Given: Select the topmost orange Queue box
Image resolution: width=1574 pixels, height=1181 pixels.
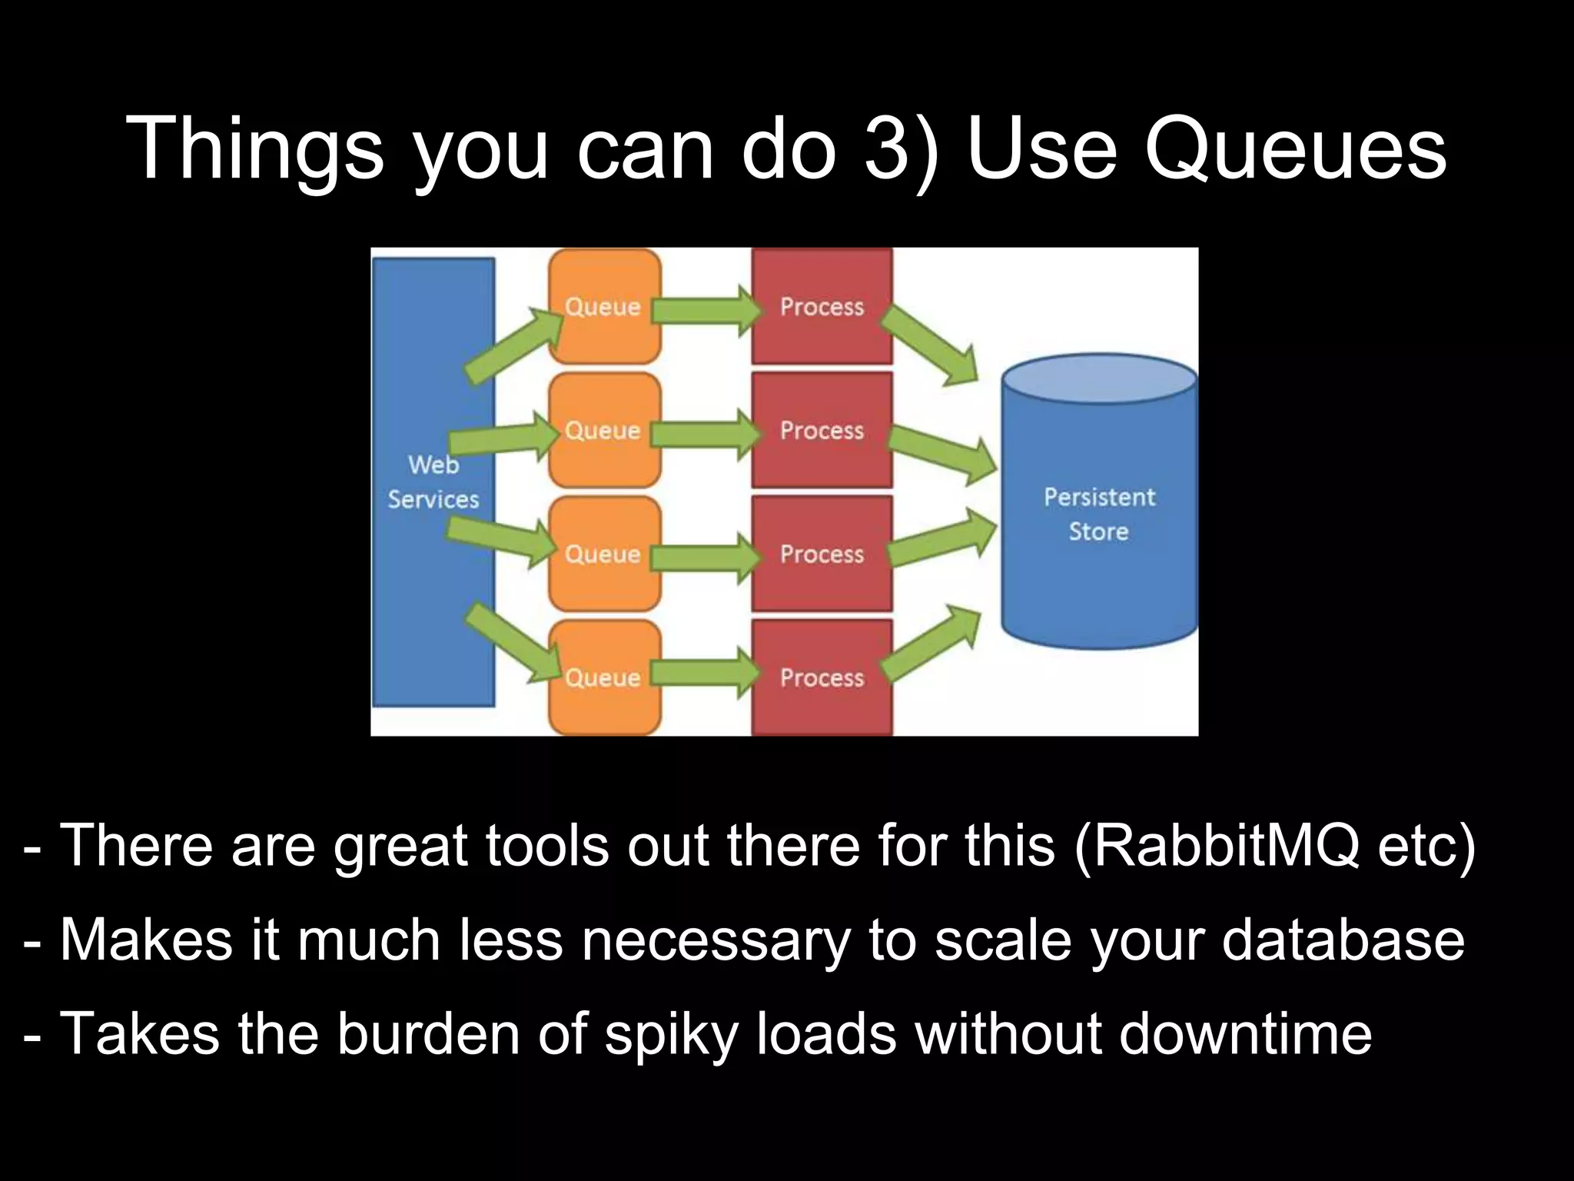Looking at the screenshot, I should pos(604,306).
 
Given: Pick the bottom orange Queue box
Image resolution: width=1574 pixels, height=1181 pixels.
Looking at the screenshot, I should pos(604,677).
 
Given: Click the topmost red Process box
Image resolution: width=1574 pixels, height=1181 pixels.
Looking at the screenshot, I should pos(822,306).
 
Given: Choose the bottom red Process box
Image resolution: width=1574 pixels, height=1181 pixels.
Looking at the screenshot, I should pos(822,677).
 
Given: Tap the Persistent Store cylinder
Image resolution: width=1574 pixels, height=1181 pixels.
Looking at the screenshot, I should pos(1099,514).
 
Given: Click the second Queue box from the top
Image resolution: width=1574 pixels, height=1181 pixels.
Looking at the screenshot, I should pos(604,430).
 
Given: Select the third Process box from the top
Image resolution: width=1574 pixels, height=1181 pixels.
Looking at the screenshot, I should pos(822,554).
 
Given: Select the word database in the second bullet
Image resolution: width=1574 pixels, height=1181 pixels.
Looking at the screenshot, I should pos(1343,940).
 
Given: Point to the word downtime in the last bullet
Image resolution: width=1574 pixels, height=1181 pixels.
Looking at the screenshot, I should pos(1245,1033).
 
